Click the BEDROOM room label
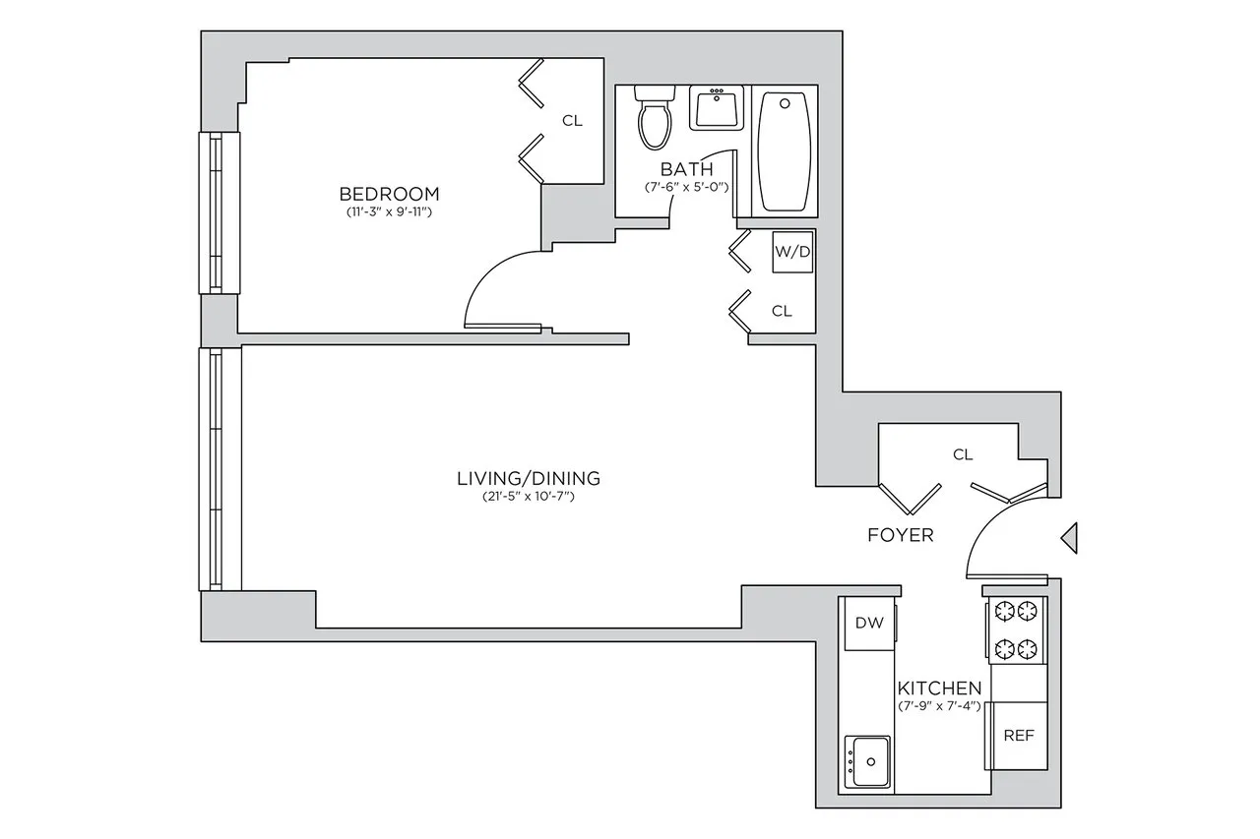coord(389,193)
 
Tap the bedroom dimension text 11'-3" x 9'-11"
coord(389,211)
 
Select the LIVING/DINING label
coord(529,479)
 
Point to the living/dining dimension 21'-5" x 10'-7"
coord(529,498)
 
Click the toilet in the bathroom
coord(654,117)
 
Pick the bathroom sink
coord(718,108)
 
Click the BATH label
coord(686,168)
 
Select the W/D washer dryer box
coord(793,252)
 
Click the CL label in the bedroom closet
coord(572,121)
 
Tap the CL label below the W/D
coord(782,311)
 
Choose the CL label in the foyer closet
coord(963,453)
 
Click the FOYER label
coord(900,535)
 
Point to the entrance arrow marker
coord(1069,537)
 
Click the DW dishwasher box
coord(867,623)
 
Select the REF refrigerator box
coord(1018,736)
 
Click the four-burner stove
coord(1016,629)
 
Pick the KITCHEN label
coord(938,688)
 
